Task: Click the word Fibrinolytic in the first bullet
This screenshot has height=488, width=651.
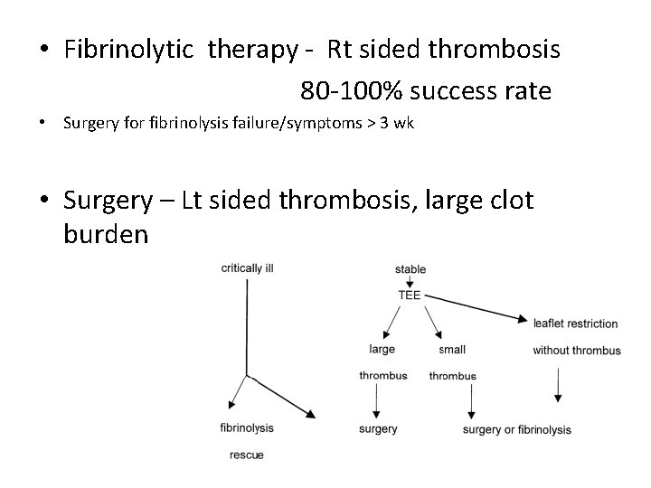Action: click(x=132, y=50)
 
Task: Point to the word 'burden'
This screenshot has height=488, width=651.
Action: click(x=106, y=234)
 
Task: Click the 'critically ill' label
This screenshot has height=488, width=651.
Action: click(x=254, y=268)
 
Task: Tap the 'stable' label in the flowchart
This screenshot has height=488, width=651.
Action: click(x=410, y=269)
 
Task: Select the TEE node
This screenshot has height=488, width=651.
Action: click(x=410, y=295)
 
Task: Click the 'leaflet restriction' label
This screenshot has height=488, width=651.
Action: click(x=575, y=324)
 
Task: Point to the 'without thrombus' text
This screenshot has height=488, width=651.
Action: click(x=576, y=351)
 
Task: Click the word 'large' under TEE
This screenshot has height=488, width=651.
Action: click(x=382, y=349)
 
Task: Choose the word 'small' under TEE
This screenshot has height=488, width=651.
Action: click(x=452, y=350)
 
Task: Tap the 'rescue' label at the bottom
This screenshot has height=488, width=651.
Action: click(x=247, y=455)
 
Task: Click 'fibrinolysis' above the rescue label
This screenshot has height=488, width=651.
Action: click(x=247, y=428)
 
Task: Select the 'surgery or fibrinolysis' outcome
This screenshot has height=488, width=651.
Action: click(x=516, y=430)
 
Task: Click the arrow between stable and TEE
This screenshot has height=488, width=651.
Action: click(x=410, y=281)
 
